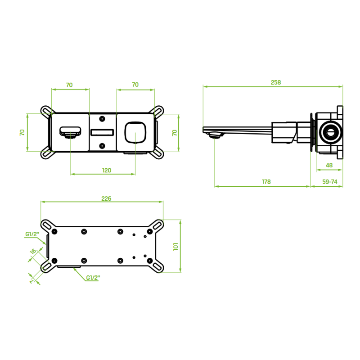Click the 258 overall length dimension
pos(275,82)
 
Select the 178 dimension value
pos(266,182)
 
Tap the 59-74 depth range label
pos(330,182)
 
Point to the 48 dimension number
pos(329,165)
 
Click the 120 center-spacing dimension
pos(107,171)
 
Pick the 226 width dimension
pos(106,198)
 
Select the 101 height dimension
pos(175,247)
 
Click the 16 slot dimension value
pos(33,252)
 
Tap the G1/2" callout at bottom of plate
pos(93,278)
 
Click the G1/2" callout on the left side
pos(32,234)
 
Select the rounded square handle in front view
pos(135,132)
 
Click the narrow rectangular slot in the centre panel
pos(103,132)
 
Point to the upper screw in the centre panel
pos(102,119)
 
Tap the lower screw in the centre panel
pos(102,146)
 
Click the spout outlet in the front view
pos(70,132)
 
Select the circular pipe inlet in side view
pos(330,132)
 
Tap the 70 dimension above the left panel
pos(69,85)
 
